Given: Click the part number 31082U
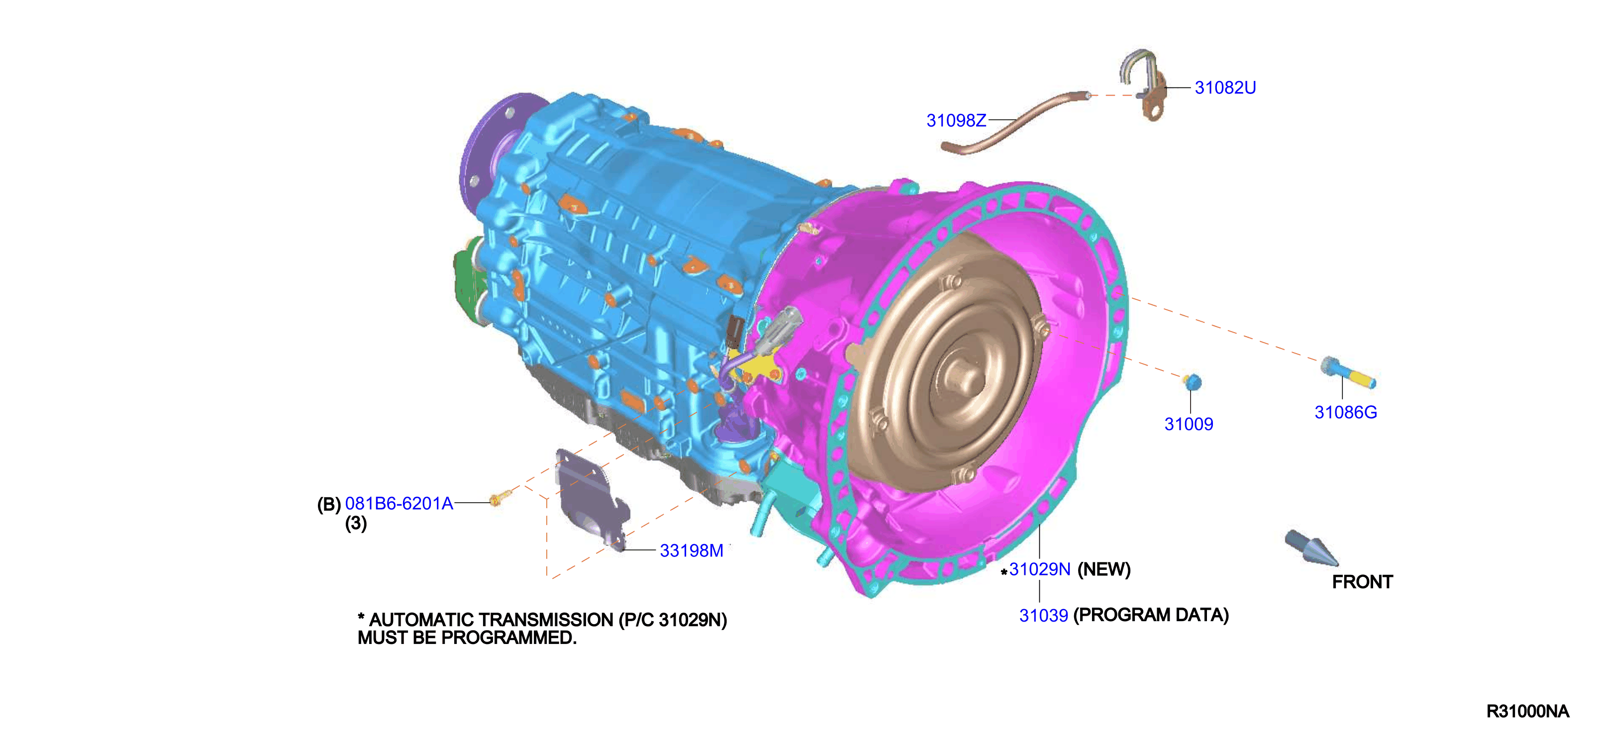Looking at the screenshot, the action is click(1225, 88).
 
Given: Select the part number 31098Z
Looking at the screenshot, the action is click(956, 120).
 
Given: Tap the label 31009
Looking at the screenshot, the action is click(1189, 424).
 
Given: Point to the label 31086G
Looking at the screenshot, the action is click(1346, 412).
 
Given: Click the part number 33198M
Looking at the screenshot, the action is click(692, 551).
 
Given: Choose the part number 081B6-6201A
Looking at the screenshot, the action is click(399, 503).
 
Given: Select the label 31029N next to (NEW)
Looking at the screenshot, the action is click(1040, 569).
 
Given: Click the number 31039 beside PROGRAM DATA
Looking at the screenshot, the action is click(1043, 615).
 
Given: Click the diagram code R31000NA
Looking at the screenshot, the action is click(1528, 711).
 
